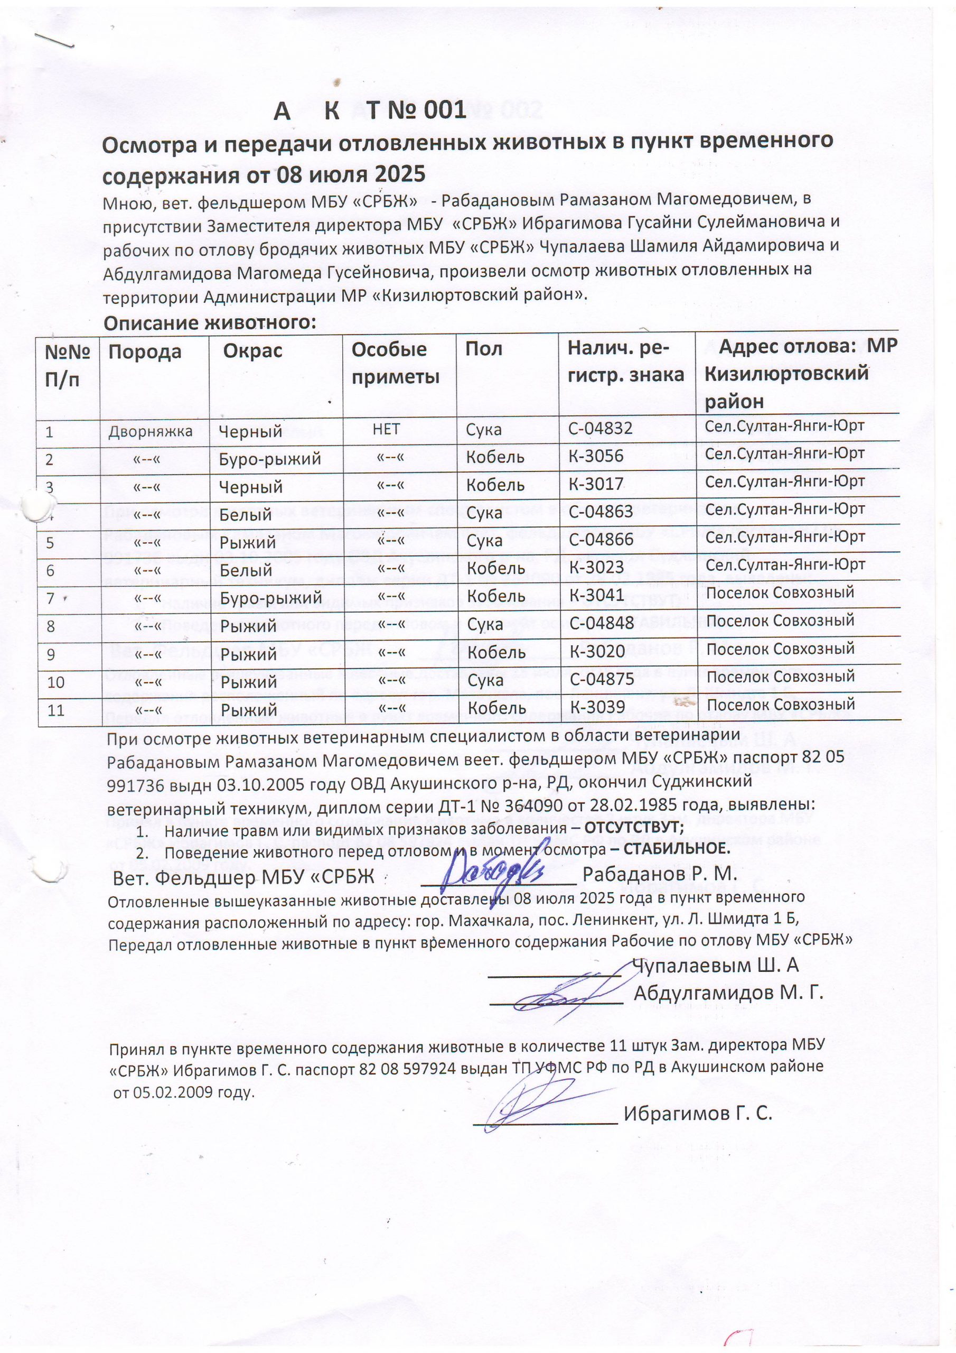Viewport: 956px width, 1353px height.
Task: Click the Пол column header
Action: pyautogui.click(x=484, y=349)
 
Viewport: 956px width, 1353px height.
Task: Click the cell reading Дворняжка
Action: pyautogui.click(x=150, y=431)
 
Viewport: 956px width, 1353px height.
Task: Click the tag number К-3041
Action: pyautogui.click(x=595, y=595)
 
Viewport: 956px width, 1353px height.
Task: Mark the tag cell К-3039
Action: pyautogui.click(x=595, y=708)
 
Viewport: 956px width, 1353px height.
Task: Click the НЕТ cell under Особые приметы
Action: pyautogui.click(x=386, y=429)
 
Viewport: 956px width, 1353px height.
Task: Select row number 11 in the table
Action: pyautogui.click(x=56, y=709)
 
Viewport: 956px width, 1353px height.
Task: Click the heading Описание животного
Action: pyautogui.click(x=210, y=323)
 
